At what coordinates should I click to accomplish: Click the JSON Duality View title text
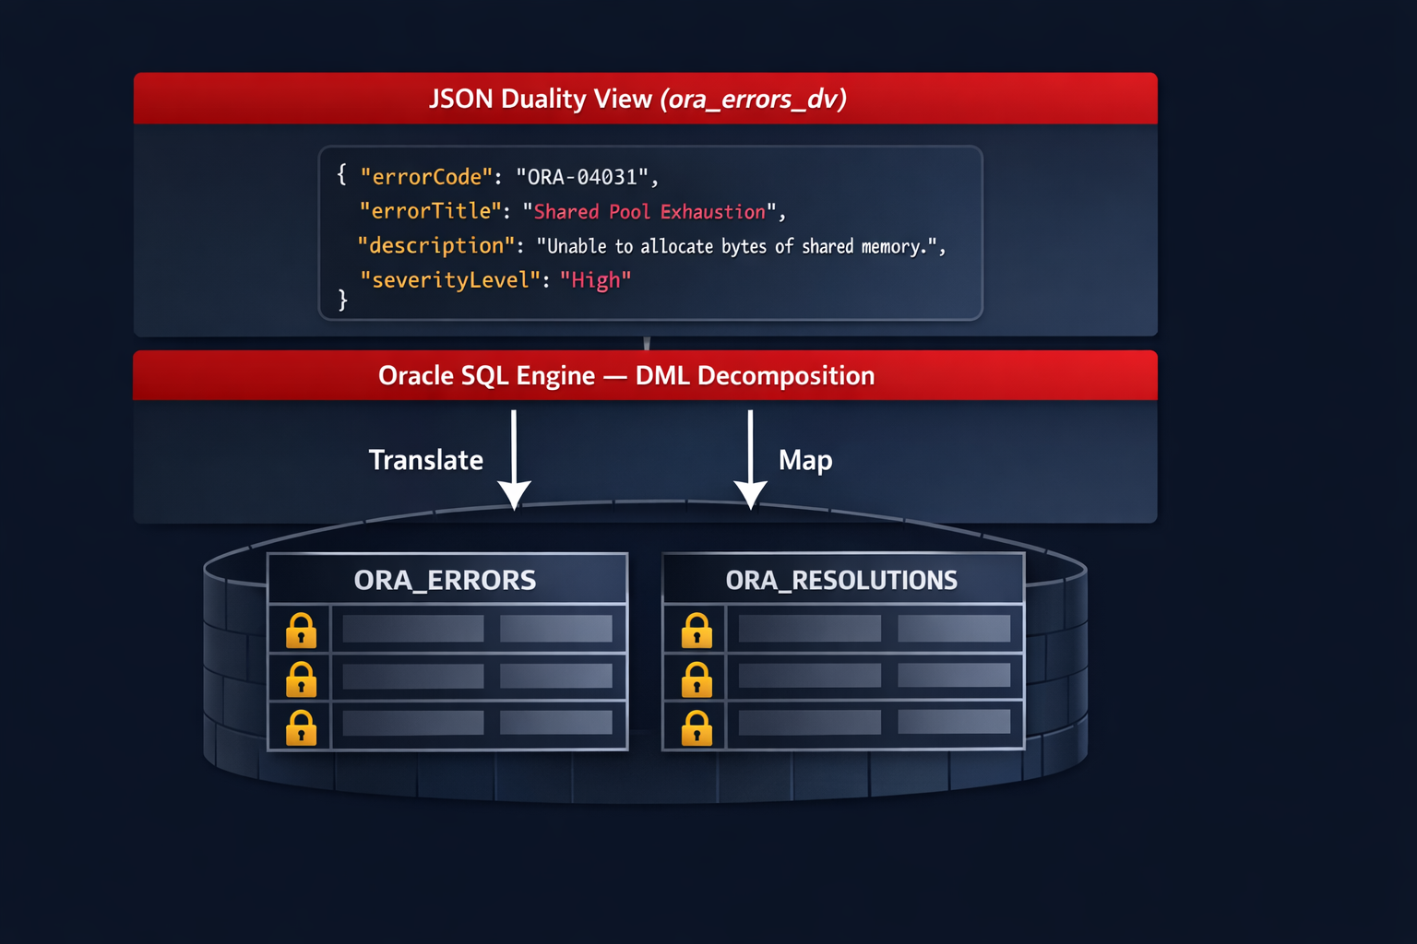[637, 99]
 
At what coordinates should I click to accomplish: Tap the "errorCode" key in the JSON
[425, 177]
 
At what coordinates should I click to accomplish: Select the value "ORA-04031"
[582, 177]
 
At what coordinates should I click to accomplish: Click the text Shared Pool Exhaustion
[649, 212]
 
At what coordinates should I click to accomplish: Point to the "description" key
[435, 246]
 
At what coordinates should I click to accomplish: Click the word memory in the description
[892, 247]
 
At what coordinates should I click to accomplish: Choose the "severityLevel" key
[449, 280]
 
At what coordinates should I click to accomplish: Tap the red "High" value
[595, 280]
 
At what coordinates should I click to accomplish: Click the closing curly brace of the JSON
[343, 301]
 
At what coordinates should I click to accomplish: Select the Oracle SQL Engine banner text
[626, 376]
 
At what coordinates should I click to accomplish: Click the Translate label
[425, 460]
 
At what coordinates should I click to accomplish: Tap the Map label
[804, 460]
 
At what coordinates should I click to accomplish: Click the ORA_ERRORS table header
[446, 580]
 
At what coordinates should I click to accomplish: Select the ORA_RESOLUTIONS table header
[841, 580]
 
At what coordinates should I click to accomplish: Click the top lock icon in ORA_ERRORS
[301, 631]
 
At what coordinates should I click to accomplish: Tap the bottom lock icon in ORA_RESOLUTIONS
[697, 728]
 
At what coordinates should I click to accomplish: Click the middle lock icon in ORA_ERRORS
[301, 679]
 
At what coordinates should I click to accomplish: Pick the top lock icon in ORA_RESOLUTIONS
[697, 631]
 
